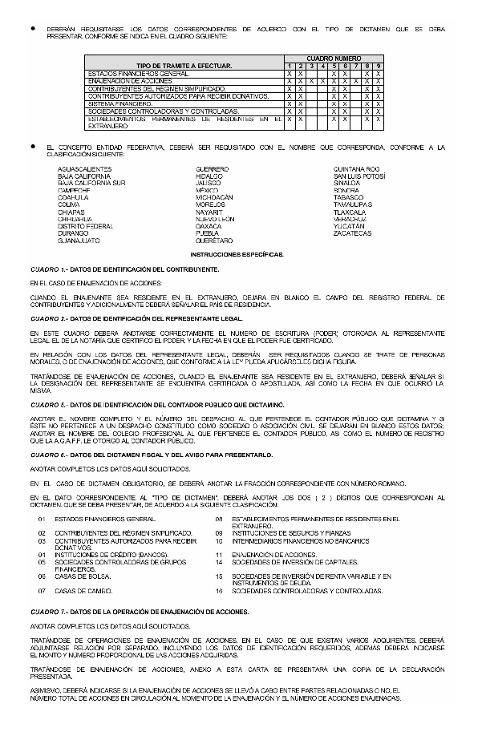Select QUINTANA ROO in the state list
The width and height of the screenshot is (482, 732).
click(x=356, y=169)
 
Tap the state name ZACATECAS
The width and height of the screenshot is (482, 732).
click(x=352, y=233)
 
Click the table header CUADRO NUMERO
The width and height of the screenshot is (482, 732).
click(x=334, y=59)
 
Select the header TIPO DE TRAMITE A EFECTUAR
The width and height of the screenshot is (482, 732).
click(x=184, y=65)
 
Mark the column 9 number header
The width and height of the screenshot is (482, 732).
click(x=378, y=66)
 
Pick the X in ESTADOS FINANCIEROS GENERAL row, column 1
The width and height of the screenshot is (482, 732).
click(x=289, y=74)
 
